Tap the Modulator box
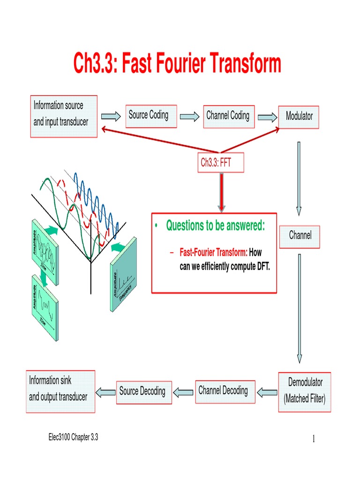point(299,116)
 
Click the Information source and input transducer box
point(64,116)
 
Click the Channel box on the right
point(300,235)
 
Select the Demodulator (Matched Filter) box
point(304,392)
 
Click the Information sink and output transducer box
point(60,391)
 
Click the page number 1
point(313,439)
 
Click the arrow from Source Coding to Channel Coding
point(190,116)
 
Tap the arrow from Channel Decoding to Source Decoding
point(183,391)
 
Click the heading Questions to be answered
point(215,225)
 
